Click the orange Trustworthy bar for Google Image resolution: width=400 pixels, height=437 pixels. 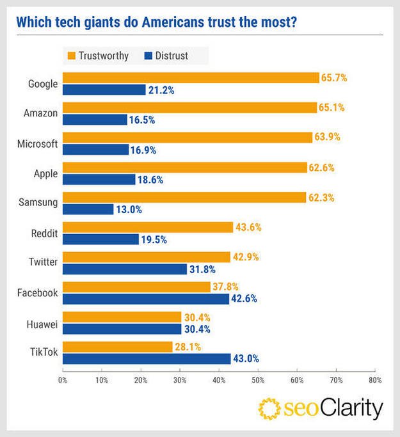pos(191,78)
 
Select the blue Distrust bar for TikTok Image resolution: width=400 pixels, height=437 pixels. pos(147,359)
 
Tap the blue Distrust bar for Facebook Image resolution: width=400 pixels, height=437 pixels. pos(146,299)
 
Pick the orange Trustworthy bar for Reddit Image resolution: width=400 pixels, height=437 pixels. pos(148,227)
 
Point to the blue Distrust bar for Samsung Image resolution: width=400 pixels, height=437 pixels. pos(88,209)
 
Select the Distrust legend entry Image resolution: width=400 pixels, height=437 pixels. pos(165,56)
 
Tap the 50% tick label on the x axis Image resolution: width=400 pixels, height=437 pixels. pos(258,380)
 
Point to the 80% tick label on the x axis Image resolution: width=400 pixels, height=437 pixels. pos(375,380)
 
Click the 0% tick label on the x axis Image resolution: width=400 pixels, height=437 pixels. pos(63,380)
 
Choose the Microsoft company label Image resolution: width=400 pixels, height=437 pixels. pos(38,143)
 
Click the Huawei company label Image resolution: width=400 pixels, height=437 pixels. pos(43,324)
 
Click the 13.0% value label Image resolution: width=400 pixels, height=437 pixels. pos(128,209)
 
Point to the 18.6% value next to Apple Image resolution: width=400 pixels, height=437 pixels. pos(150,180)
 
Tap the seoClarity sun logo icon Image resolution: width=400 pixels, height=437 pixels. pos(270,408)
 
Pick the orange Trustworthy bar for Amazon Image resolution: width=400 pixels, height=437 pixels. pos(189,107)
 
